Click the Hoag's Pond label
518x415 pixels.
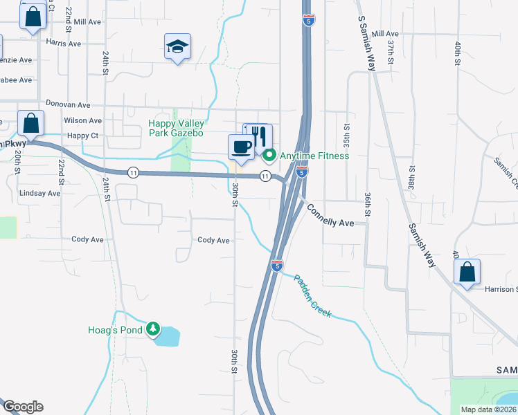[115, 331]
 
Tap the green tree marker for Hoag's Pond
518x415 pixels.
[153, 330]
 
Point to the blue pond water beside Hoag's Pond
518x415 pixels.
[168, 337]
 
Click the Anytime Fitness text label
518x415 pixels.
[314, 156]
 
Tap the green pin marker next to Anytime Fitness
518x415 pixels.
[270, 155]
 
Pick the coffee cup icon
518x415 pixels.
[241, 147]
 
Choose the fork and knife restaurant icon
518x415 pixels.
[260, 135]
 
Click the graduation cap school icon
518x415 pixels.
[177, 46]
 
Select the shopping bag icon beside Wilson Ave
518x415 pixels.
[30, 124]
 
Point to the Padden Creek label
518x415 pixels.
[313, 296]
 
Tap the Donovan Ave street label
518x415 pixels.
[68, 104]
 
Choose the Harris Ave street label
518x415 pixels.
[63, 43]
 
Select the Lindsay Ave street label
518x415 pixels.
[40, 193]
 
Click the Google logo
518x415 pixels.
[23, 407]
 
